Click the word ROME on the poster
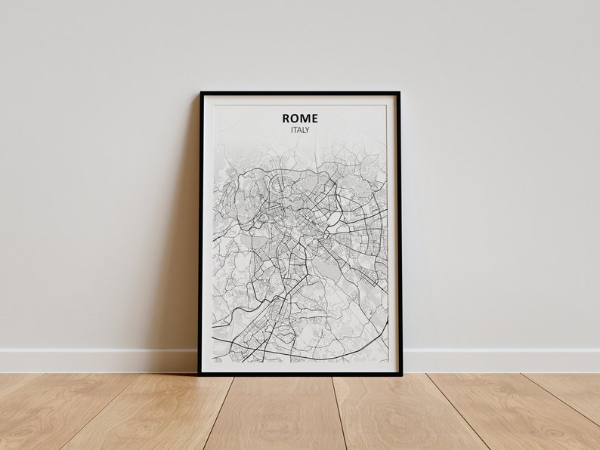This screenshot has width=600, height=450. coord(300,118)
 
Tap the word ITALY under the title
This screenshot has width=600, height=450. coord(300,130)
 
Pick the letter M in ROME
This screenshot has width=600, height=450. coord(305,118)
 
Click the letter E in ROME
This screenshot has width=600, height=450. coord(314,118)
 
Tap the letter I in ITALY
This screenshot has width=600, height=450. coord(292,130)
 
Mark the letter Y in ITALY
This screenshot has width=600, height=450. coord(307,130)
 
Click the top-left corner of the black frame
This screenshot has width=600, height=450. coord(201,93)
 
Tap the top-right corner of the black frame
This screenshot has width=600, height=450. coord(399,93)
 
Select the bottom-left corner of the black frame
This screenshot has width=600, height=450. coord(199,373)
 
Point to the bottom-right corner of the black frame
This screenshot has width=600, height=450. coord(401,373)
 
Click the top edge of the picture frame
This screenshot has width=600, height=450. coord(300,94)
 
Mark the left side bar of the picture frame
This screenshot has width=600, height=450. coord(200,234)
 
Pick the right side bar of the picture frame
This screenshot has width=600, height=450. coord(399,234)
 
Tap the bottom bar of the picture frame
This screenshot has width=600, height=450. coord(300,372)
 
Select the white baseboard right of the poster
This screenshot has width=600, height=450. coord(499,360)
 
